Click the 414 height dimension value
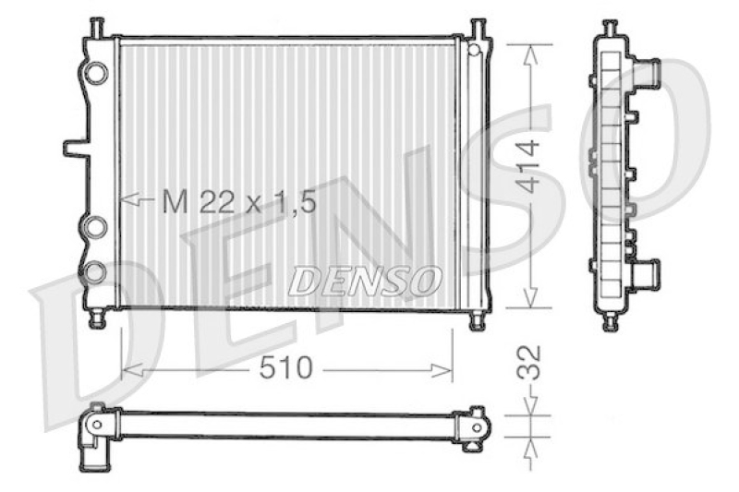point(528,166)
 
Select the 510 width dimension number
point(285,369)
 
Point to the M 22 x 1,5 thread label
point(238,200)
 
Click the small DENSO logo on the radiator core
point(364,281)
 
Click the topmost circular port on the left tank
point(95,71)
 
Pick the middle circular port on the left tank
point(95,226)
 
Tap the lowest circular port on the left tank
point(95,271)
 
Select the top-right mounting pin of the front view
point(478,28)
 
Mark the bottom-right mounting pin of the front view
point(477,320)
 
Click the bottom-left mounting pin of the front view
point(97,319)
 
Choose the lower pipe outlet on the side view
point(647,273)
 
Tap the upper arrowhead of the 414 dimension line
point(529,54)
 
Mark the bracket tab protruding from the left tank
point(74,147)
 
